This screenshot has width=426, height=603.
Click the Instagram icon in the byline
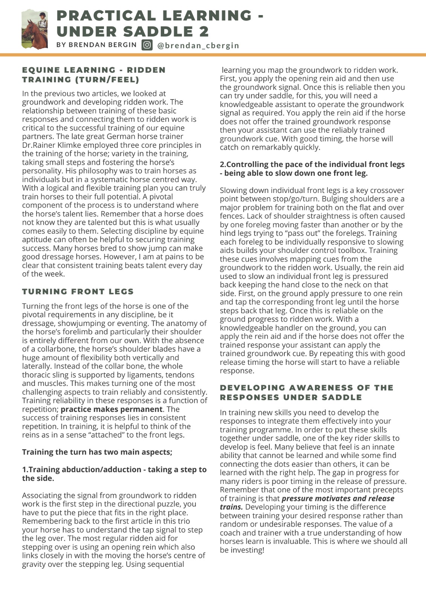point(147,45)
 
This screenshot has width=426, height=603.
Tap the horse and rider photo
point(35,29)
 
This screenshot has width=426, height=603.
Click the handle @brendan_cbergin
point(198,46)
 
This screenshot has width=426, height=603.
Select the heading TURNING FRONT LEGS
point(78,292)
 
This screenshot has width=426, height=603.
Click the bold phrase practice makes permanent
point(111,409)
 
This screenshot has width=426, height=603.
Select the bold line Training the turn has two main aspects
point(97,452)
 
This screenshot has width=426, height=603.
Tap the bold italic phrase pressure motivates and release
point(338,499)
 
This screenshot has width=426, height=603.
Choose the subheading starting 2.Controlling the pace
point(312,169)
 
